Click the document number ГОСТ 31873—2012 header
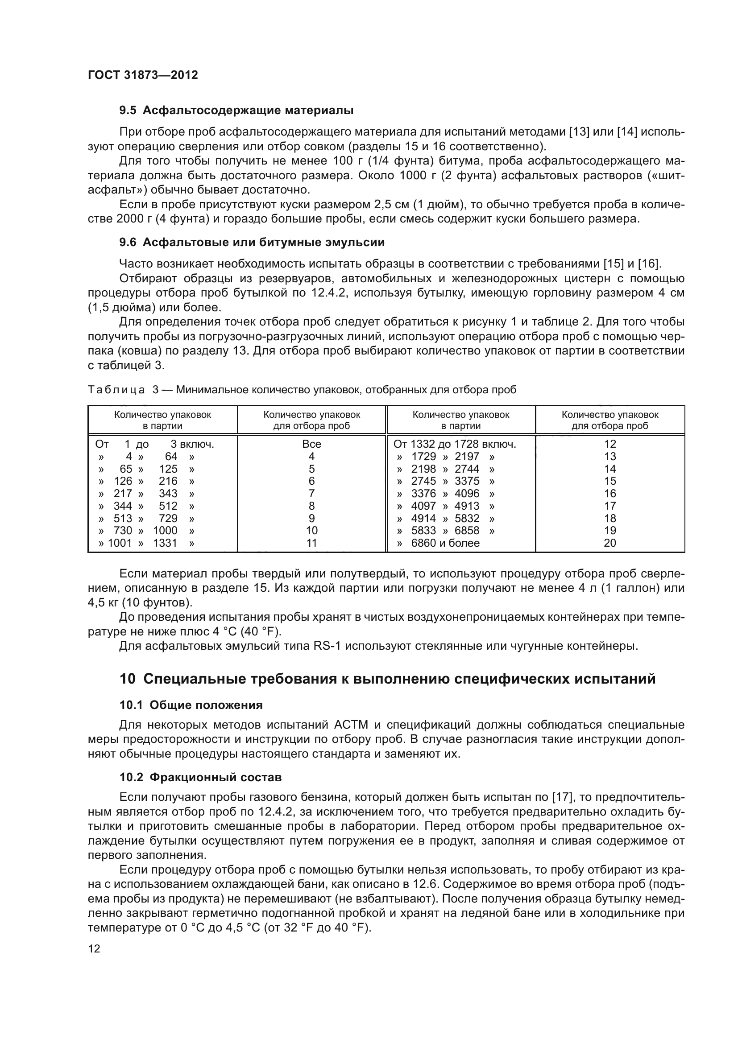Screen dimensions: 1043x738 click(143, 75)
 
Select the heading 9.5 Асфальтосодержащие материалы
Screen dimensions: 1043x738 click(236, 111)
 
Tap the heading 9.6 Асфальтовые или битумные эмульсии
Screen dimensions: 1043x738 click(252, 242)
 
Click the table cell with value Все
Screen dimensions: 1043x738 click(311, 444)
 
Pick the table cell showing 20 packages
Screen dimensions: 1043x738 click(609, 543)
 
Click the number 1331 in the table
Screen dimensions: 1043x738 click(165, 543)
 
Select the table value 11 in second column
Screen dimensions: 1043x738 click(311, 543)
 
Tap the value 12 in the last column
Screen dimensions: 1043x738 click(609, 444)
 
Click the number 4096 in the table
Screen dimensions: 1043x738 click(467, 493)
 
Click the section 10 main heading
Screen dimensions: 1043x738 click(388, 679)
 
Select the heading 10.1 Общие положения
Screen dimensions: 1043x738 click(191, 705)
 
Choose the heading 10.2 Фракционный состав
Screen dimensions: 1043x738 click(200, 777)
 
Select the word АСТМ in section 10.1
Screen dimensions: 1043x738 click(351, 725)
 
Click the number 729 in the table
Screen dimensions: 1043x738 click(168, 518)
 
